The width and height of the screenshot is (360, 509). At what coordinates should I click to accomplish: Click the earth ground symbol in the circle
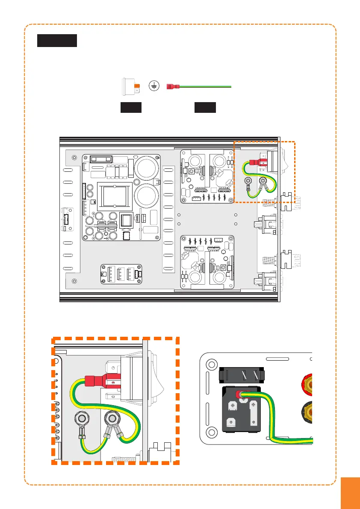(154, 86)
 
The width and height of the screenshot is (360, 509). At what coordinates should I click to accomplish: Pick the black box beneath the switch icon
(130, 108)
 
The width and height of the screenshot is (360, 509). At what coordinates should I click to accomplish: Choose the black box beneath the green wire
(205, 108)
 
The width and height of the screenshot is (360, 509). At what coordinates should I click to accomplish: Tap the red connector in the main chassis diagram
(254, 163)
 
